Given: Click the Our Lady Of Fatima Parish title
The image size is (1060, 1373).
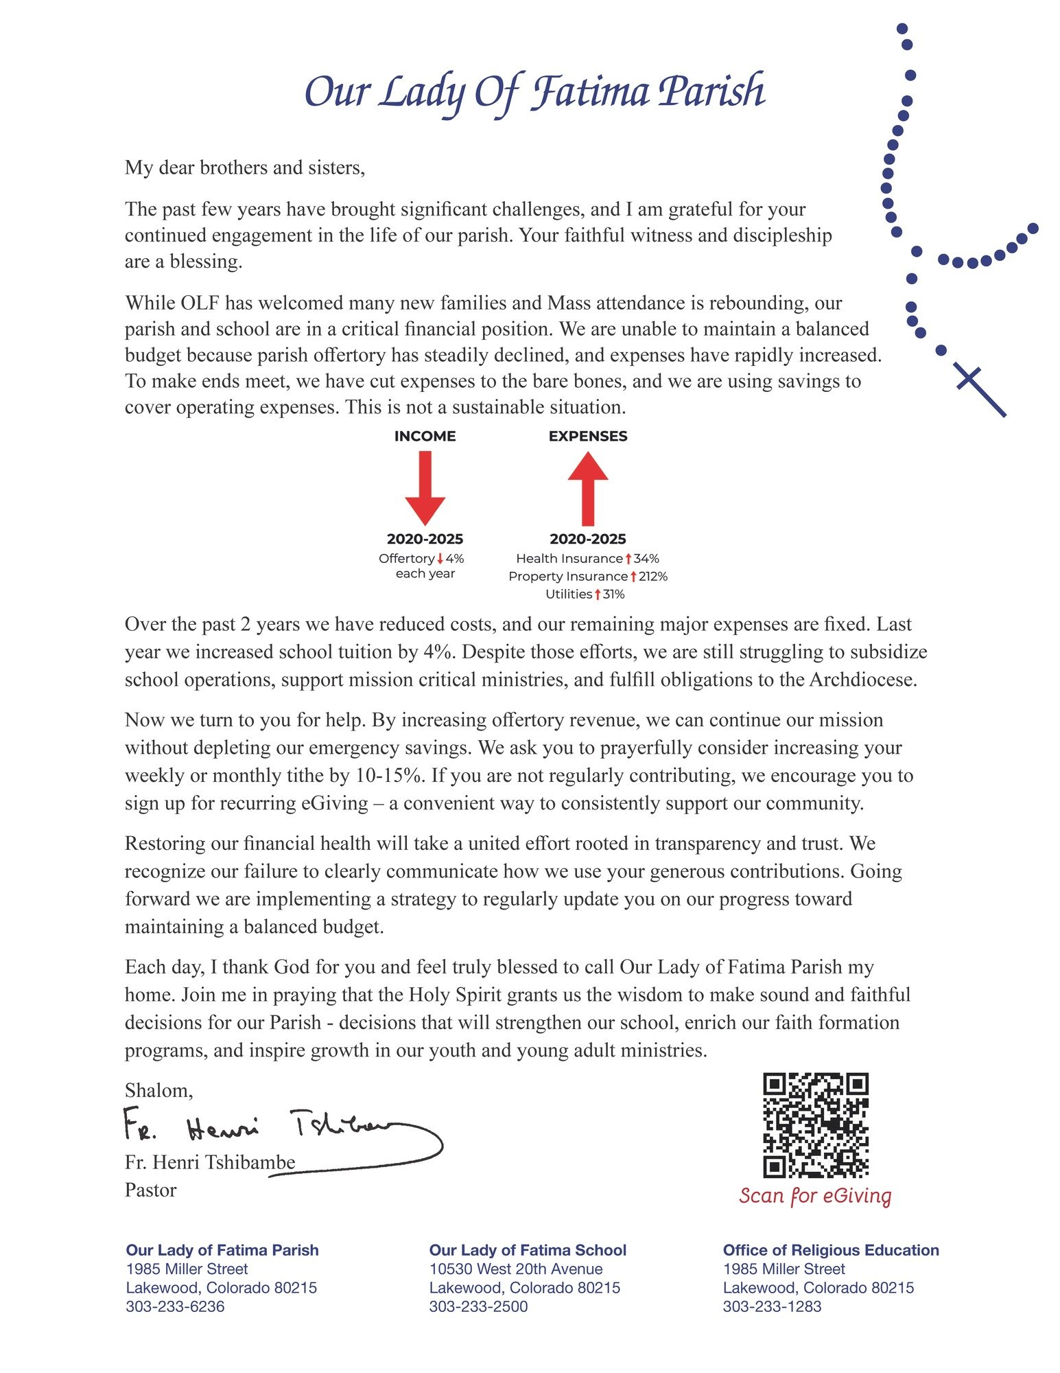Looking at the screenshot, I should [x=534, y=91].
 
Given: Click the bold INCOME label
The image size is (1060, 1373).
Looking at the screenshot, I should [x=425, y=436].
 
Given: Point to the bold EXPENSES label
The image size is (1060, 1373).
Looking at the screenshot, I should [x=588, y=436].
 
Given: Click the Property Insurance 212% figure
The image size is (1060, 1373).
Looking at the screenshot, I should [x=588, y=576].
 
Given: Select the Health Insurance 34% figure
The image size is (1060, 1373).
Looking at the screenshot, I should [x=587, y=558].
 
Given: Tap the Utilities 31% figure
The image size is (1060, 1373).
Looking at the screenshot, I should [x=585, y=594].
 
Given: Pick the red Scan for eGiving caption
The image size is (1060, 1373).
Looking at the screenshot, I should [x=815, y=1195].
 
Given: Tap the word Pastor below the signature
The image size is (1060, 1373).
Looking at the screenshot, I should [x=150, y=1190].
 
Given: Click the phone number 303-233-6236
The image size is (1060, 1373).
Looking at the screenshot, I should [x=175, y=1306].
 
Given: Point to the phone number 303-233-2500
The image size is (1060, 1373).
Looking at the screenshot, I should [x=478, y=1306].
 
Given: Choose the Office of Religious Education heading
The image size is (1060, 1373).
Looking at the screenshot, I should [x=831, y=1250].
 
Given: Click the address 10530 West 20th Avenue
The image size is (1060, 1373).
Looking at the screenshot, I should [x=516, y=1269].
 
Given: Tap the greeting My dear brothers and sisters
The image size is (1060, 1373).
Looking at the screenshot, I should [x=245, y=168].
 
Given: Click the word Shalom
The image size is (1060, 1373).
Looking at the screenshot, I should [x=158, y=1090].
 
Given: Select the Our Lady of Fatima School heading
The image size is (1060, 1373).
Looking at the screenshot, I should [x=528, y=1250].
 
